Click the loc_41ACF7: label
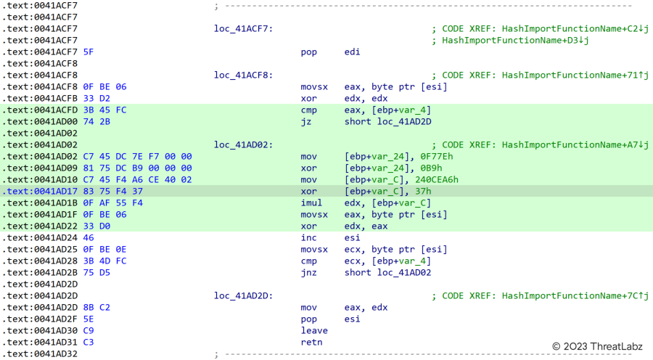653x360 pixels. tap(243, 29)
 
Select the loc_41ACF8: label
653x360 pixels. tap(243, 75)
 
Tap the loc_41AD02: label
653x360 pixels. tap(243, 145)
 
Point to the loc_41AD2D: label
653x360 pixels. tap(243, 296)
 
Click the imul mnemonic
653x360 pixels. tap(311, 203)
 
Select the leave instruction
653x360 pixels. tap(314, 331)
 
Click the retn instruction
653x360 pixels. tap(311, 343)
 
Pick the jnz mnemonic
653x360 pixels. tap(309, 273)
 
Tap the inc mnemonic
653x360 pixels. tap(309, 238)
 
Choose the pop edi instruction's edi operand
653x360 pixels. tap(353, 52)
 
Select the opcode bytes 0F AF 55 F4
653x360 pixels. tap(113, 203)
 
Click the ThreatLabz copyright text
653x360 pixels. tap(596, 347)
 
